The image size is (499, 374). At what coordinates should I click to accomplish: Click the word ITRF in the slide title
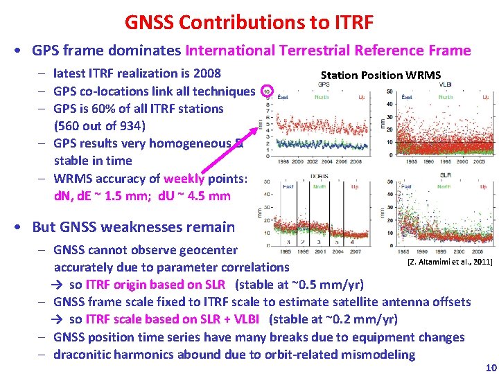(349, 22)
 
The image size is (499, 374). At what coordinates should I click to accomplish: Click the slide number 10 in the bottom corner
(491, 367)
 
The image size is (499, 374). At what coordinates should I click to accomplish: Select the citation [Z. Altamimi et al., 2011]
(450, 262)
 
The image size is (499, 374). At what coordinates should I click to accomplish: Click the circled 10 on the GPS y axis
(269, 91)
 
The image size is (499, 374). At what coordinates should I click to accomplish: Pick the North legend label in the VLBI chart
(446, 97)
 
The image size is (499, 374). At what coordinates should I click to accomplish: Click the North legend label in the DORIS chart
(319, 187)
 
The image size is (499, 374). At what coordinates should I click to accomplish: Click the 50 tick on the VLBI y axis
(390, 91)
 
